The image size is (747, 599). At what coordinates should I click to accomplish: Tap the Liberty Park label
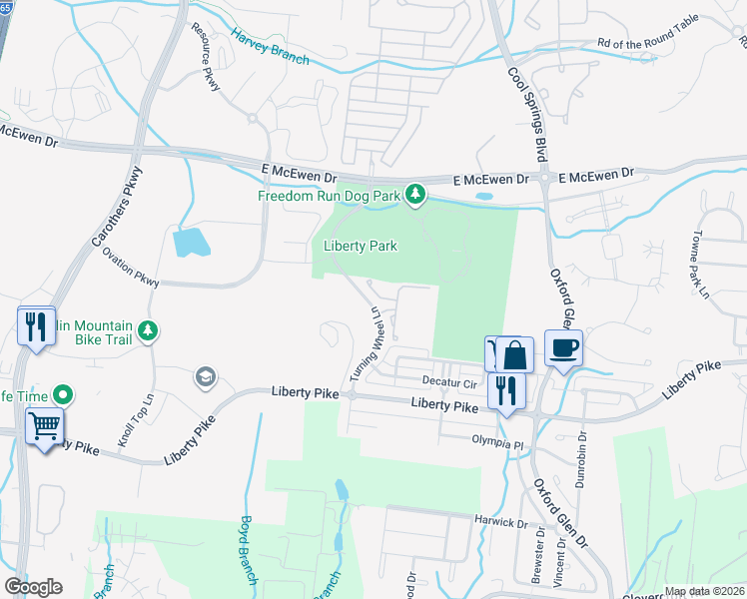(361, 246)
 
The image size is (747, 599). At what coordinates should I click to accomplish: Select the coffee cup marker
(563, 347)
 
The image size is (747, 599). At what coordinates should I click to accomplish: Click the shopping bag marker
(515, 354)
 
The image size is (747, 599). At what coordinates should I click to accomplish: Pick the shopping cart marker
(44, 427)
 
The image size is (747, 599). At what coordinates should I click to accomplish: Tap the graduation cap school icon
(206, 376)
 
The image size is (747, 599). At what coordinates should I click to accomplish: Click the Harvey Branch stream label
(270, 47)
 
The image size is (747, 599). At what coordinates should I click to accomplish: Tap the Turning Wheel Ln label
(365, 342)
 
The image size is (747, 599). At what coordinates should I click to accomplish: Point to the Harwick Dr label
(502, 522)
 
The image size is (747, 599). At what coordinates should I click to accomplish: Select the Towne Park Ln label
(696, 265)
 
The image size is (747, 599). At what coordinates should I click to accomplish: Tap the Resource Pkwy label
(212, 71)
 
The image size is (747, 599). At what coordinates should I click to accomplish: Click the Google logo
(33, 587)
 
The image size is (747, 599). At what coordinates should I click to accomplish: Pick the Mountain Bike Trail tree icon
(148, 329)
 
